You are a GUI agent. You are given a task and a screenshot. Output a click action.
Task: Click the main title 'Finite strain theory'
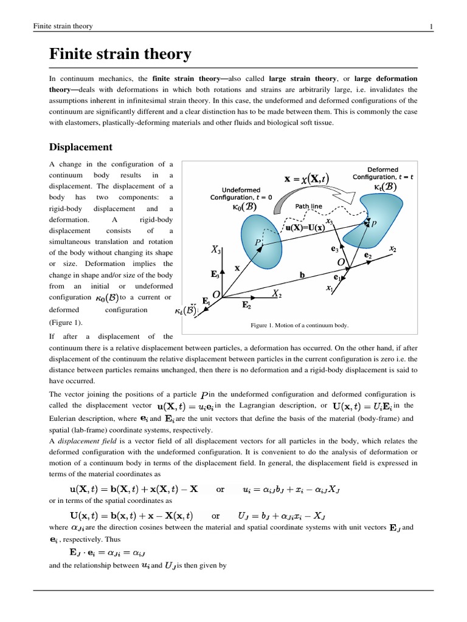coord(120,55)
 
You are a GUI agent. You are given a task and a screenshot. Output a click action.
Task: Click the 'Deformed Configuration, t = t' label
coord(382,173)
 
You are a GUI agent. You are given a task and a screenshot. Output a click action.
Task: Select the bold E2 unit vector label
coord(246,306)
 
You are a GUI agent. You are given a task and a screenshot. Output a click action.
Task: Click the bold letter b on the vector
coord(302,275)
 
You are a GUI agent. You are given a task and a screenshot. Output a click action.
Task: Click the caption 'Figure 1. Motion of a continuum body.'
coord(300,325)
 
